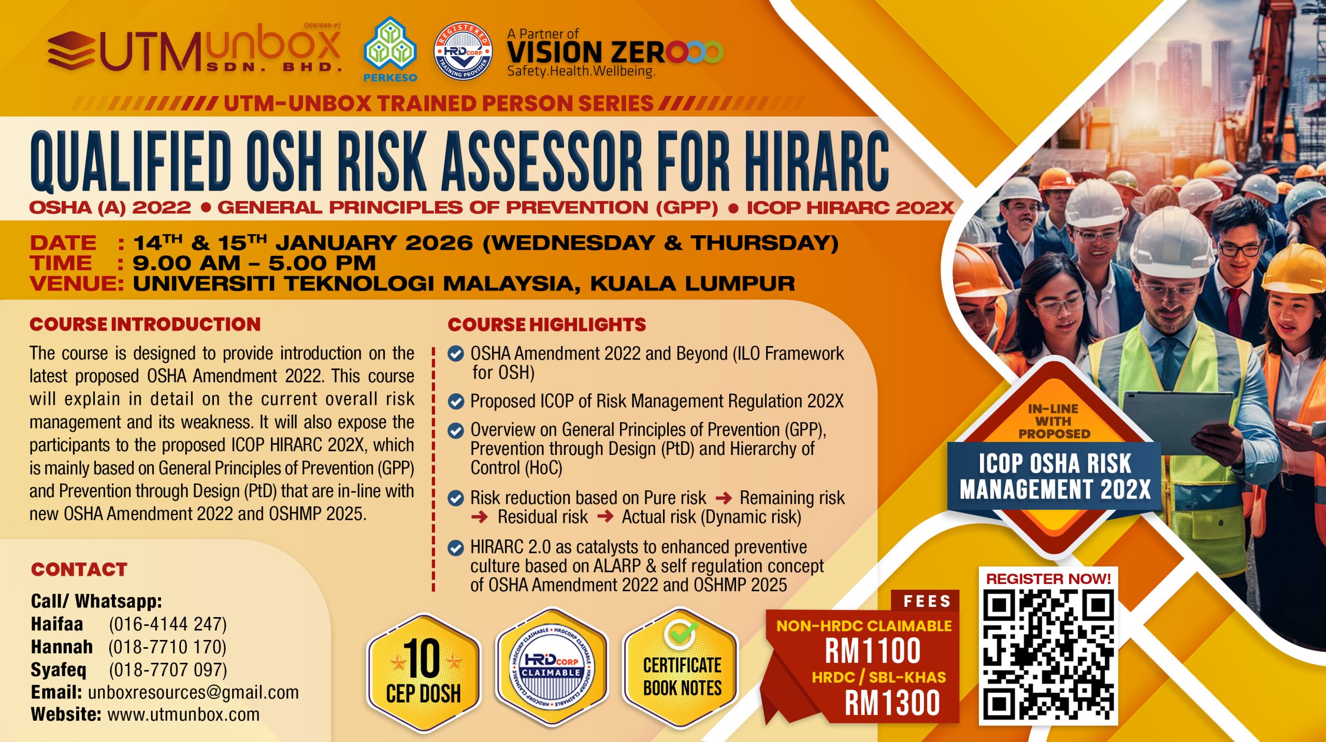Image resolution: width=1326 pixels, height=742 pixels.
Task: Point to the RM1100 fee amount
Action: (872, 651)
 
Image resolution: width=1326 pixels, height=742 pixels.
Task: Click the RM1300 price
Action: (892, 703)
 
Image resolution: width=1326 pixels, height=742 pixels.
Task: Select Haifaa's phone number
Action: (168, 624)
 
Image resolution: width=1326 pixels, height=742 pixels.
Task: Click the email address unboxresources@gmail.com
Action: (193, 692)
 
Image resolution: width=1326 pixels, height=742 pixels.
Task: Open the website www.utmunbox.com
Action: (183, 715)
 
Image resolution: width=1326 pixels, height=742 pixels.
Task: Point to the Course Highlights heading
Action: (547, 324)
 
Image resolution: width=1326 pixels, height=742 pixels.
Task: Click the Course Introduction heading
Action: (145, 324)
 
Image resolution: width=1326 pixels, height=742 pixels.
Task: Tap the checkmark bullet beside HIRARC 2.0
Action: (456, 548)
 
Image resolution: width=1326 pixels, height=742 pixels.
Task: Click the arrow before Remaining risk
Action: (723, 498)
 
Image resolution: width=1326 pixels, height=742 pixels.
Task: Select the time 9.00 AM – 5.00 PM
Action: (254, 263)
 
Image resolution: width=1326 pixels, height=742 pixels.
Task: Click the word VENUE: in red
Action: (77, 284)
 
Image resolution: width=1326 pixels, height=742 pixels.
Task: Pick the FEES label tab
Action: (927, 601)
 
